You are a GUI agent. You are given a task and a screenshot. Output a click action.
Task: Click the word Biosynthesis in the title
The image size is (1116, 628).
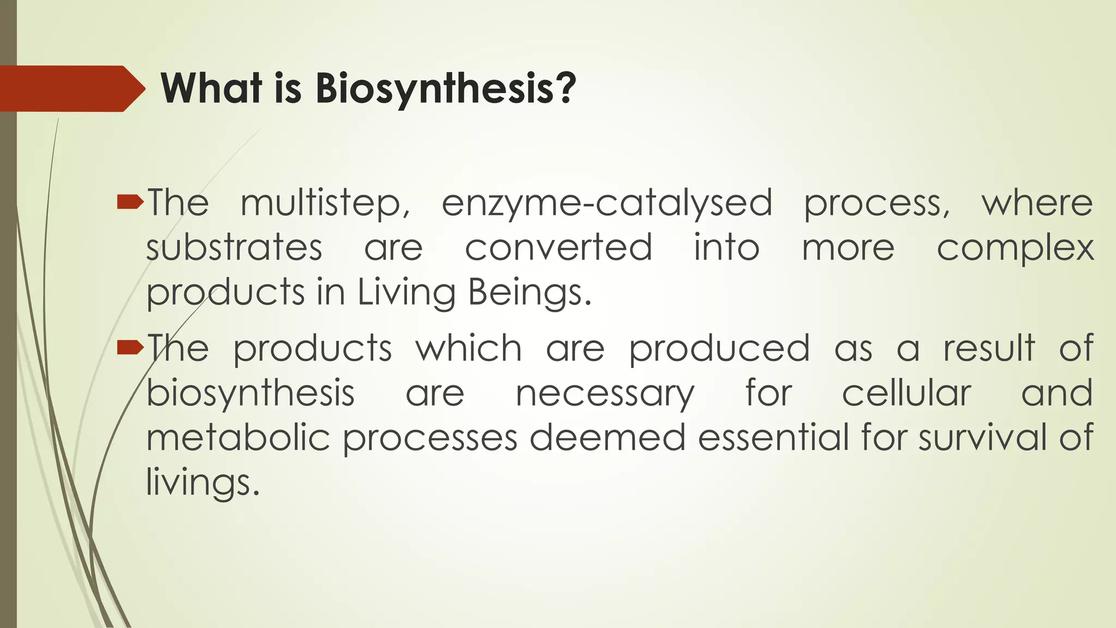445,88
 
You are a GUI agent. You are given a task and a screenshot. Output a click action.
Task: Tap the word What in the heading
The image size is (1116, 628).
211,88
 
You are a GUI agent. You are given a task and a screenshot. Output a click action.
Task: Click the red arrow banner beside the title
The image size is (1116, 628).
71,88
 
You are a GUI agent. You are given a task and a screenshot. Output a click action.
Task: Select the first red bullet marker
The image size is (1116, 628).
130,203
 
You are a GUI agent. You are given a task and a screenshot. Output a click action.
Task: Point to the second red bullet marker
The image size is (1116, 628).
130,347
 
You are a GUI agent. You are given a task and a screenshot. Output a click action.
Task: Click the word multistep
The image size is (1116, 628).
325,203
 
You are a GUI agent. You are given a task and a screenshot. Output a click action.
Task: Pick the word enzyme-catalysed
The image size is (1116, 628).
606,203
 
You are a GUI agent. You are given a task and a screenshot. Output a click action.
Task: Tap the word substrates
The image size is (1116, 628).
234,248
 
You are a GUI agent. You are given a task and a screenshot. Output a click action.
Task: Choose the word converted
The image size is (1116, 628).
558,248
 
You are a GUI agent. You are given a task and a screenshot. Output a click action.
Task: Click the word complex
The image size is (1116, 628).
1015,248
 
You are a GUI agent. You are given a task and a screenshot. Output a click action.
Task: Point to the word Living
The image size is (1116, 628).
406,293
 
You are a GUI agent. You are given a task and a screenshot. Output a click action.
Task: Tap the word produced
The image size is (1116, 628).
719,348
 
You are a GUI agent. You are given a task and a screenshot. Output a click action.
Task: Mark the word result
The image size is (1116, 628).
988,348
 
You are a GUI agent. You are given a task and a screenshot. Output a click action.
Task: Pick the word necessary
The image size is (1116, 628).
605,394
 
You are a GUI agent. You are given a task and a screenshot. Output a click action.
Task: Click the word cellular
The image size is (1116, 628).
906,393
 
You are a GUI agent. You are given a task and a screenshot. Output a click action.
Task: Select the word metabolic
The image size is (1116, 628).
238,438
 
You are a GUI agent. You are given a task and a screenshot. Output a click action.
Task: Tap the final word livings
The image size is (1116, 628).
202,483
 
